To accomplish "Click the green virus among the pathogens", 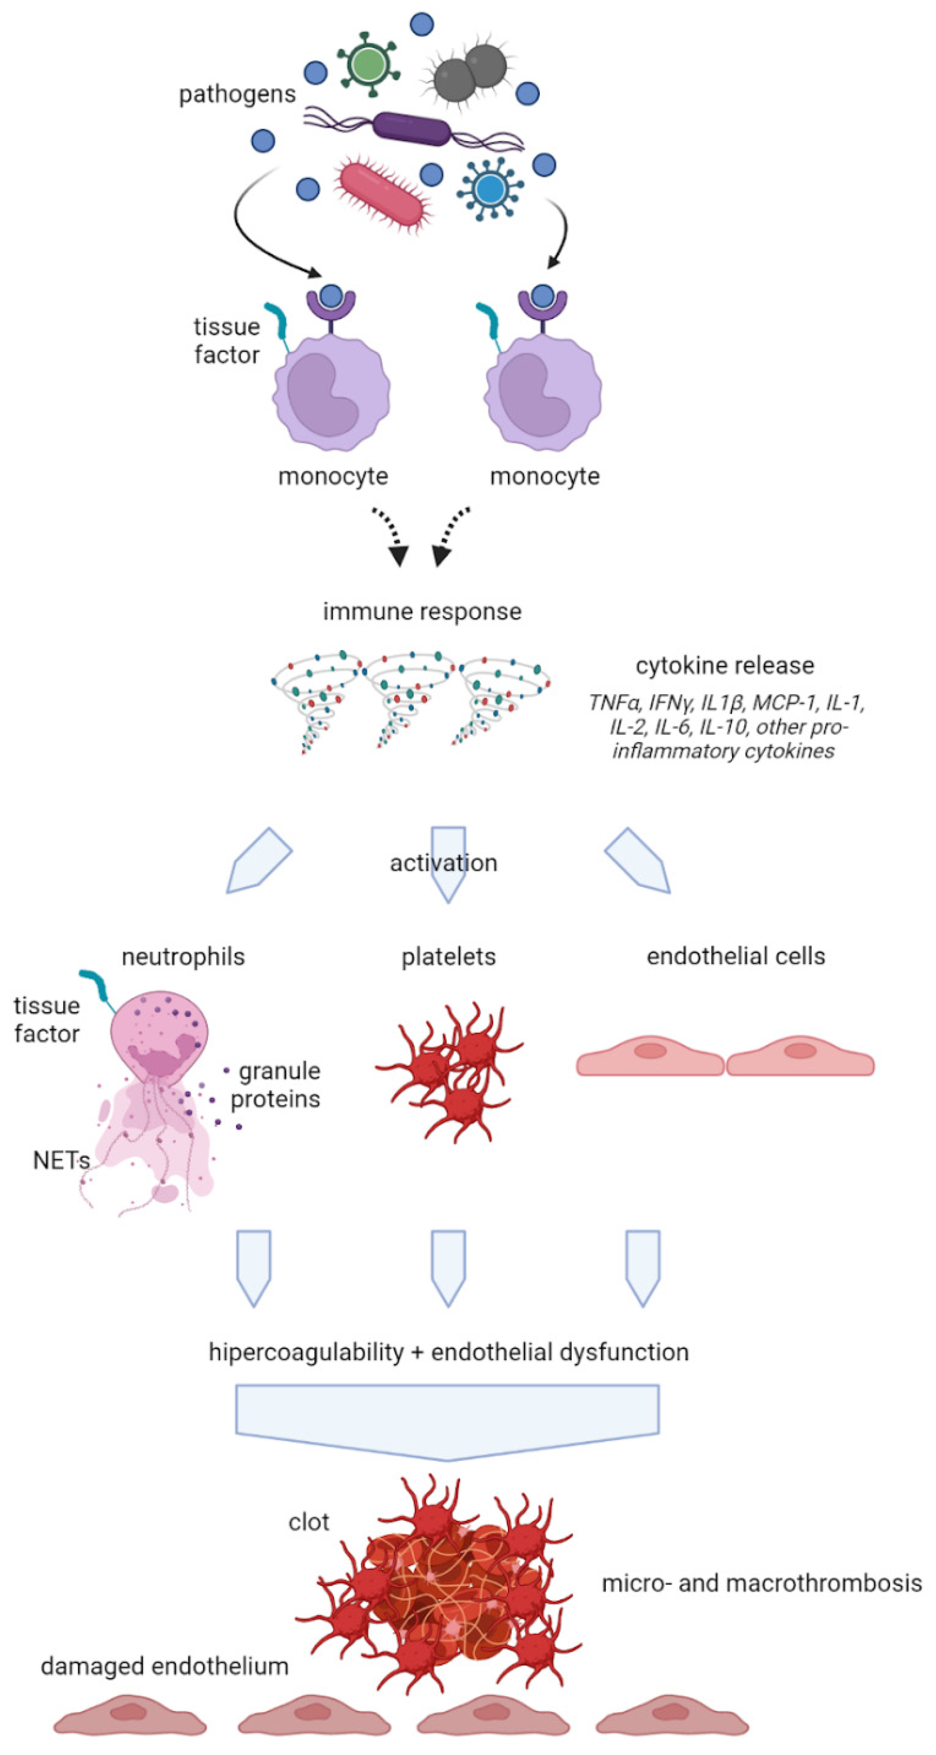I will [x=368, y=64].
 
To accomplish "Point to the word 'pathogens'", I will [x=237, y=94].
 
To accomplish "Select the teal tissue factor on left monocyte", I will [x=278, y=320].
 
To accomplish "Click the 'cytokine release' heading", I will [x=724, y=665].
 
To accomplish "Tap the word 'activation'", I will [x=443, y=863].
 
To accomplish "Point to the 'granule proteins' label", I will [x=276, y=1085].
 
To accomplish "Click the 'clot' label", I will [x=308, y=1521].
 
